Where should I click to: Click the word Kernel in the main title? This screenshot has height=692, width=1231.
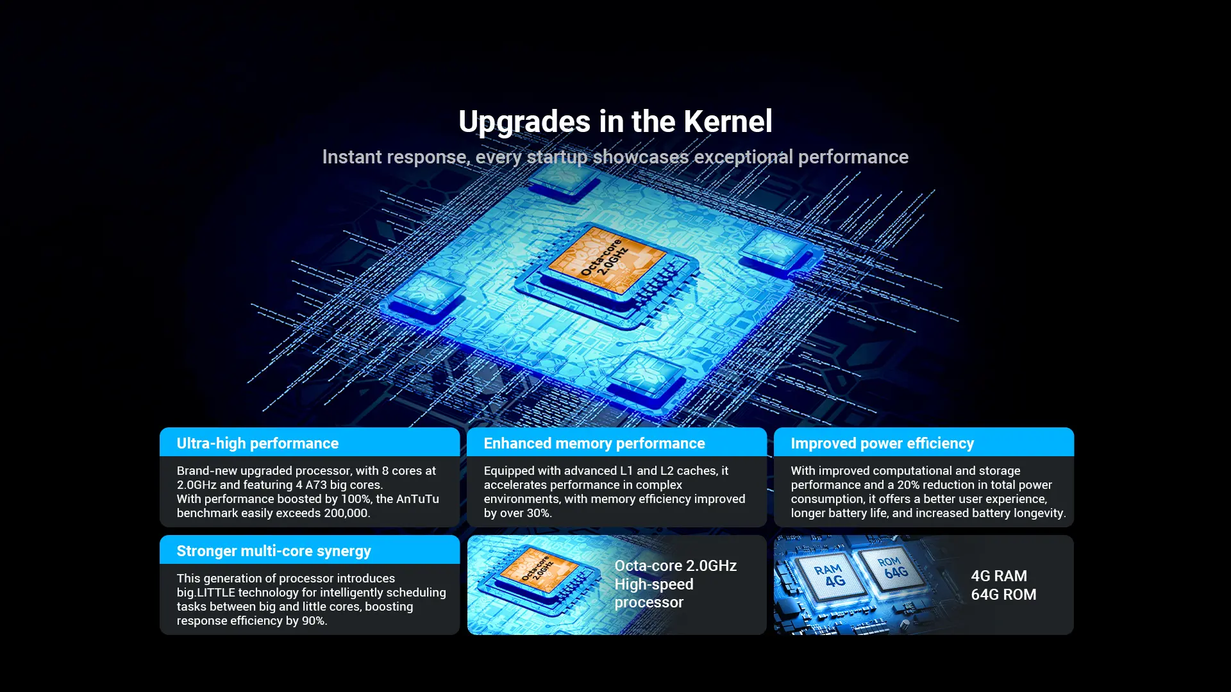(x=728, y=122)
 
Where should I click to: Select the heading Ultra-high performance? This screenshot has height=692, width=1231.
(x=258, y=443)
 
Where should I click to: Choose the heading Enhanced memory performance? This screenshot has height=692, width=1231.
(x=594, y=443)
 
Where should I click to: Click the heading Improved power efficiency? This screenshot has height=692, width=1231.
(x=882, y=443)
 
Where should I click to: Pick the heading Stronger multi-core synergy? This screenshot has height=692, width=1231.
(x=274, y=551)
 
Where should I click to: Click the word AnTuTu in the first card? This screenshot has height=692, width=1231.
(x=417, y=499)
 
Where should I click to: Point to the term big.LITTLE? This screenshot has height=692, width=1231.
(x=206, y=593)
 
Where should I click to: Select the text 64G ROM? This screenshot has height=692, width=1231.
(x=1003, y=595)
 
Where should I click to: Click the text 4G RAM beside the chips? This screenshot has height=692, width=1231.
(x=999, y=576)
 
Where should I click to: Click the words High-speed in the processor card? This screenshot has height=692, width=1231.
(x=654, y=584)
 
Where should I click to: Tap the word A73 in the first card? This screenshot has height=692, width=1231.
(x=316, y=485)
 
